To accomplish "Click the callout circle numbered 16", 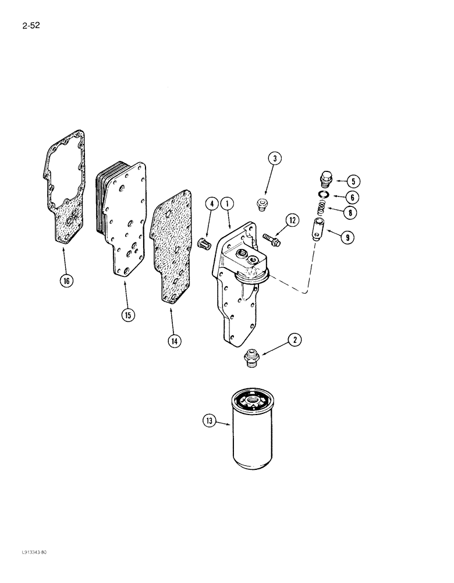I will pyautogui.click(x=66, y=281).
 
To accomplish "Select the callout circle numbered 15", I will pyautogui.click(x=127, y=315).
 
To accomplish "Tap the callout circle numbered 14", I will pyautogui.click(x=173, y=341).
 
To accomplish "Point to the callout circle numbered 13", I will pyautogui.click(x=208, y=420).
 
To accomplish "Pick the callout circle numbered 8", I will pyautogui.click(x=349, y=213).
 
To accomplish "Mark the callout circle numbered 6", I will pyautogui.click(x=349, y=197).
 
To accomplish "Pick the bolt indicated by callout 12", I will pyautogui.click(x=271, y=238).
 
